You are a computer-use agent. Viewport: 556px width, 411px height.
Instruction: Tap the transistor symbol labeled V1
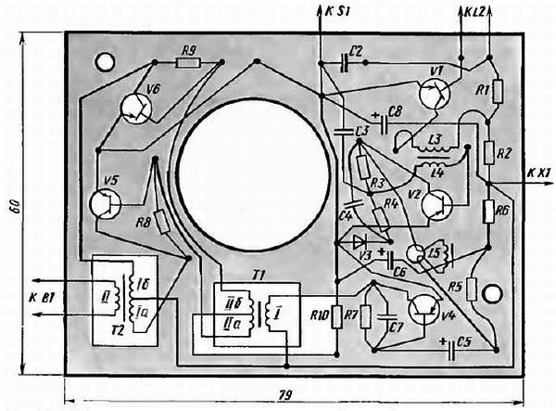[x=435, y=94]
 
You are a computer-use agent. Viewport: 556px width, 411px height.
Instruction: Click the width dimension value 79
[x=284, y=394]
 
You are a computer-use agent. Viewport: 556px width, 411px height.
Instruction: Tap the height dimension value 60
[x=14, y=206]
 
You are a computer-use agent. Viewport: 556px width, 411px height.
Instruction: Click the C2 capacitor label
[x=359, y=50]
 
